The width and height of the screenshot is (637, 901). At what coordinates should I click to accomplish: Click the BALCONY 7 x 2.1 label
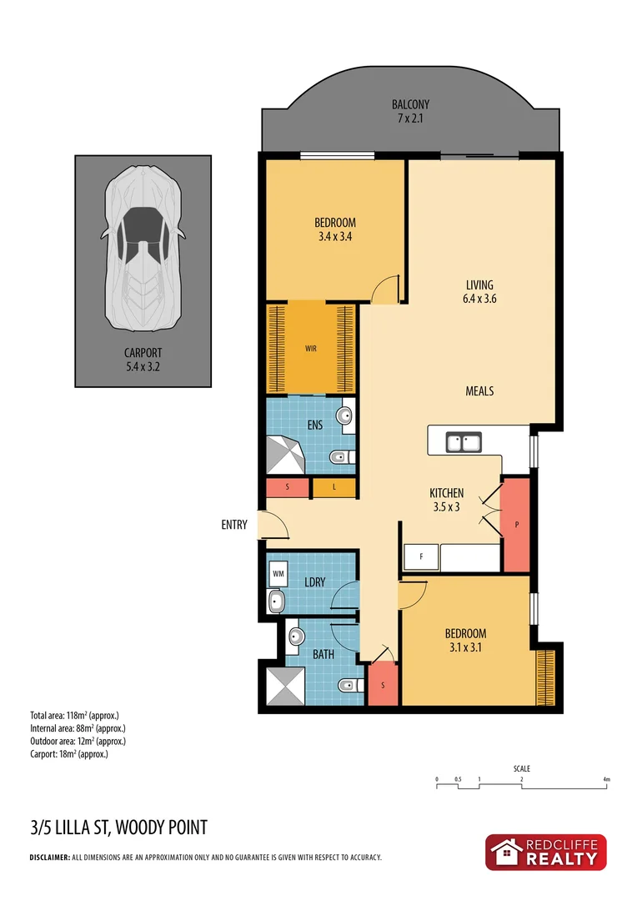click(x=410, y=112)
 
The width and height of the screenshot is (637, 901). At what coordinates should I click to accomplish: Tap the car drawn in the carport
click(x=143, y=247)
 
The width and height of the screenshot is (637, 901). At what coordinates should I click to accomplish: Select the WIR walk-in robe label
click(x=310, y=349)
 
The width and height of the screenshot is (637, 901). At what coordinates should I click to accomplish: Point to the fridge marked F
click(x=420, y=558)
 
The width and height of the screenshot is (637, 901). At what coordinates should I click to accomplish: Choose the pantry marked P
click(x=517, y=526)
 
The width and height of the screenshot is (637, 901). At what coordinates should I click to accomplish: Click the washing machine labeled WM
click(x=279, y=573)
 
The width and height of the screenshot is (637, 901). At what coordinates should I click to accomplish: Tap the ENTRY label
click(x=234, y=525)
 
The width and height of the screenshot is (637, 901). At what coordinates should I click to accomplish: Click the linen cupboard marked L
click(x=334, y=489)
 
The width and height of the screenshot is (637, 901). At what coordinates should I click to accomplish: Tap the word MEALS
click(x=479, y=390)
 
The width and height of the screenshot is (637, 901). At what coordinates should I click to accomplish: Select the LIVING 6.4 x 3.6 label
click(x=480, y=292)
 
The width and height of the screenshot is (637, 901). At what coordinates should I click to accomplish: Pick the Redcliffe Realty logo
click(x=547, y=853)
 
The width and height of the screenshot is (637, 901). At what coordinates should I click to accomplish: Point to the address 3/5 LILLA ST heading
click(x=118, y=828)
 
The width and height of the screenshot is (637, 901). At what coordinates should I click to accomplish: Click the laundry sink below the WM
click(x=278, y=601)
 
